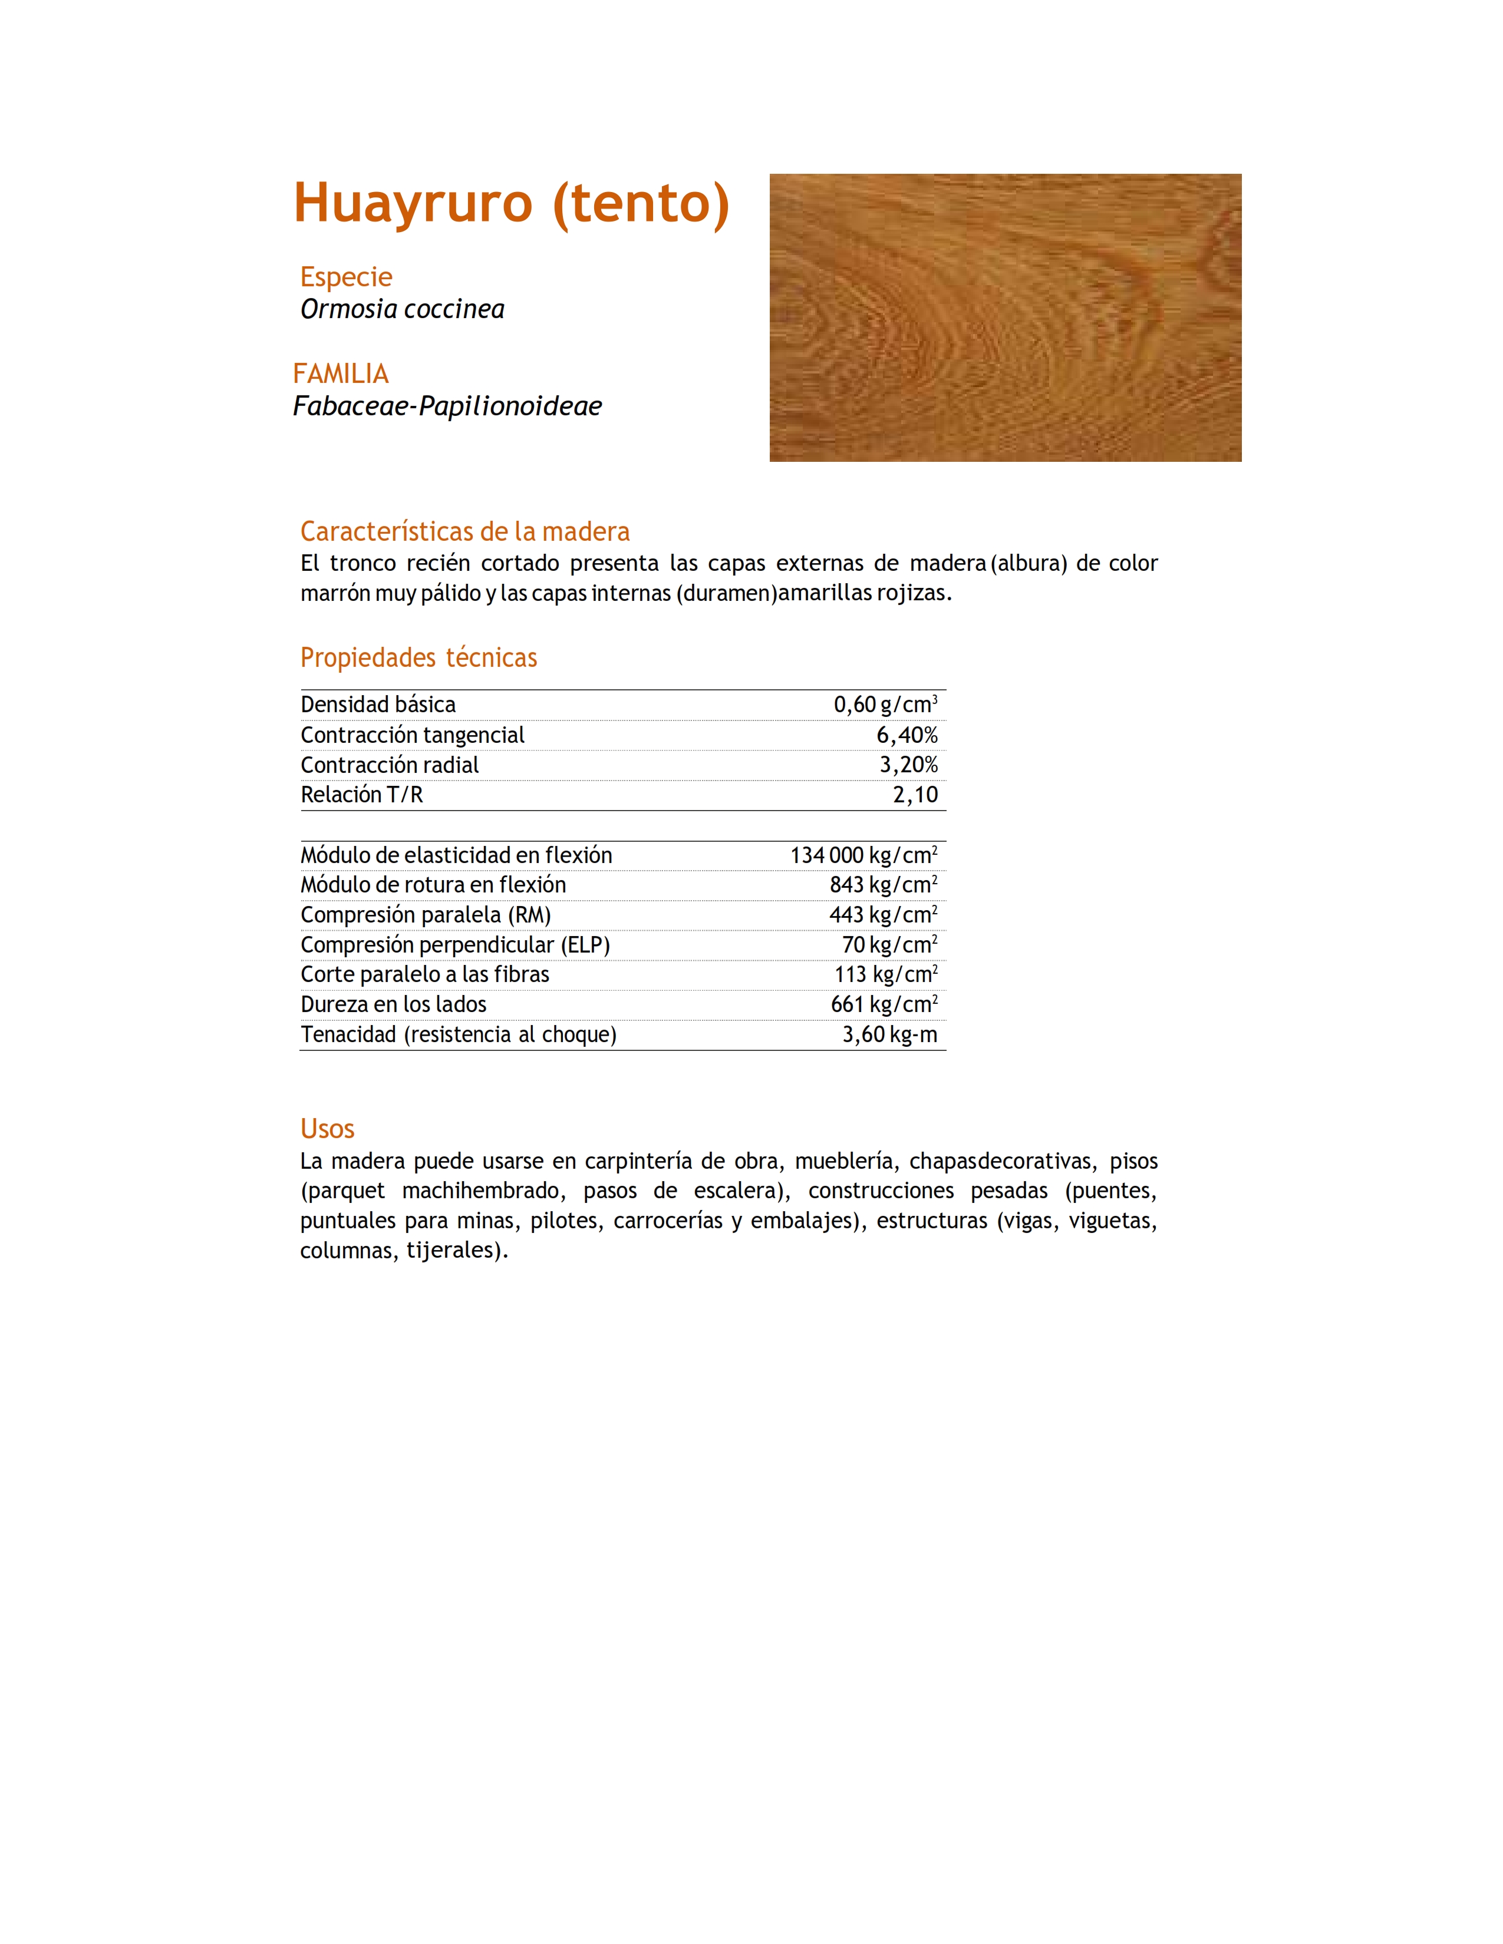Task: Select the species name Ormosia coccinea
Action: pos(403,309)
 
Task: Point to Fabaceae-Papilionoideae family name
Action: pos(447,406)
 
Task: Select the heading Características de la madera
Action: pos(465,531)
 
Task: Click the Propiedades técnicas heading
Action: pos(418,658)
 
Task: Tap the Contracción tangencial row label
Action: pos(412,735)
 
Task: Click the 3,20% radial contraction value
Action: pos(908,765)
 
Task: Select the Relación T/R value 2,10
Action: pos(915,795)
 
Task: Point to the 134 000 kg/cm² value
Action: pos(863,855)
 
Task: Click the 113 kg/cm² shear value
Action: pos(885,975)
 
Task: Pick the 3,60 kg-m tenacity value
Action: pos(889,1034)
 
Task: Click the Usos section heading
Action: pos(327,1129)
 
